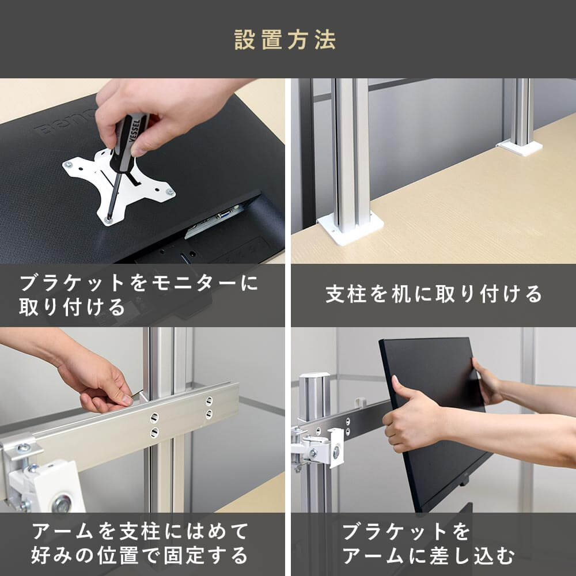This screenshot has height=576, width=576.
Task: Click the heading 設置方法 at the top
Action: (x=285, y=40)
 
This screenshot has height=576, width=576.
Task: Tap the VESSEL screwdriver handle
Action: (x=129, y=142)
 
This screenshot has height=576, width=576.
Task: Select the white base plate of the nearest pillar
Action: (x=350, y=228)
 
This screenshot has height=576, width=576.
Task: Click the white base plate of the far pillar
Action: (x=520, y=147)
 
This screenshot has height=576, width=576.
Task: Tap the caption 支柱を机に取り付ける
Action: (x=434, y=294)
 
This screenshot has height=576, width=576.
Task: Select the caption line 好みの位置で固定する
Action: (x=139, y=555)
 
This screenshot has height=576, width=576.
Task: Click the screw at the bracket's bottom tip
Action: (x=108, y=220)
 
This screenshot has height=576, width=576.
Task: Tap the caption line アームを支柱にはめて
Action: (x=139, y=531)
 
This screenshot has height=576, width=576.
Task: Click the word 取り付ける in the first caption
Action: (x=72, y=307)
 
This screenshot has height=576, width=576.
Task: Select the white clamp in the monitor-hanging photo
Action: (x=323, y=448)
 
